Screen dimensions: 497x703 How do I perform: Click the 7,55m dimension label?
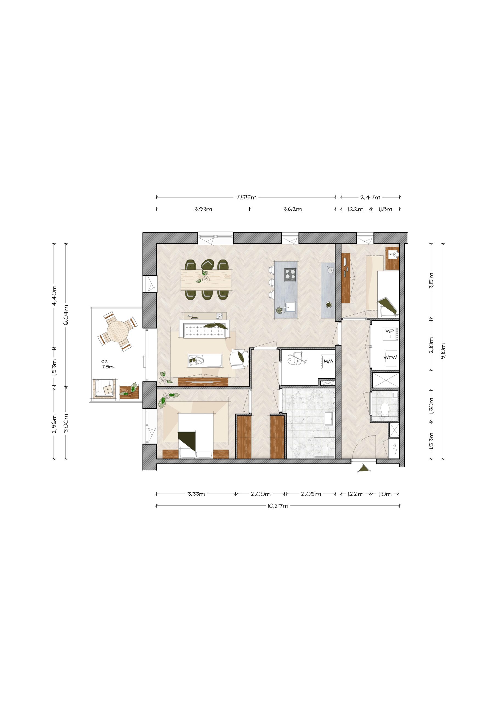point(246,197)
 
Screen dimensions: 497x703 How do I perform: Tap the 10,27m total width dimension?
point(278,506)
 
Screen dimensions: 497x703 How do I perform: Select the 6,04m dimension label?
point(66,315)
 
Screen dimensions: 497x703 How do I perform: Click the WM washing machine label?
point(328,361)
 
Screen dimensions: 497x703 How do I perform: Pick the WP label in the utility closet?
point(390,331)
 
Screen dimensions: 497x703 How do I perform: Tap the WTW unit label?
point(390,357)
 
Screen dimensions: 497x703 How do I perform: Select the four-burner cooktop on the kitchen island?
point(290,274)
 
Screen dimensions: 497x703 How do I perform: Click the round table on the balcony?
point(117,331)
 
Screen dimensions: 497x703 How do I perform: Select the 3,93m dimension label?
point(203,210)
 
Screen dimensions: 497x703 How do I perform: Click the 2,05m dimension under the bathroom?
point(311,494)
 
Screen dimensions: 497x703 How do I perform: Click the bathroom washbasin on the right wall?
point(330,419)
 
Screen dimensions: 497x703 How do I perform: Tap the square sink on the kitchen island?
point(290,306)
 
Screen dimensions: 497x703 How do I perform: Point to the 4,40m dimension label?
point(54,295)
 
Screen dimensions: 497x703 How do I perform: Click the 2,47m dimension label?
point(370,197)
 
